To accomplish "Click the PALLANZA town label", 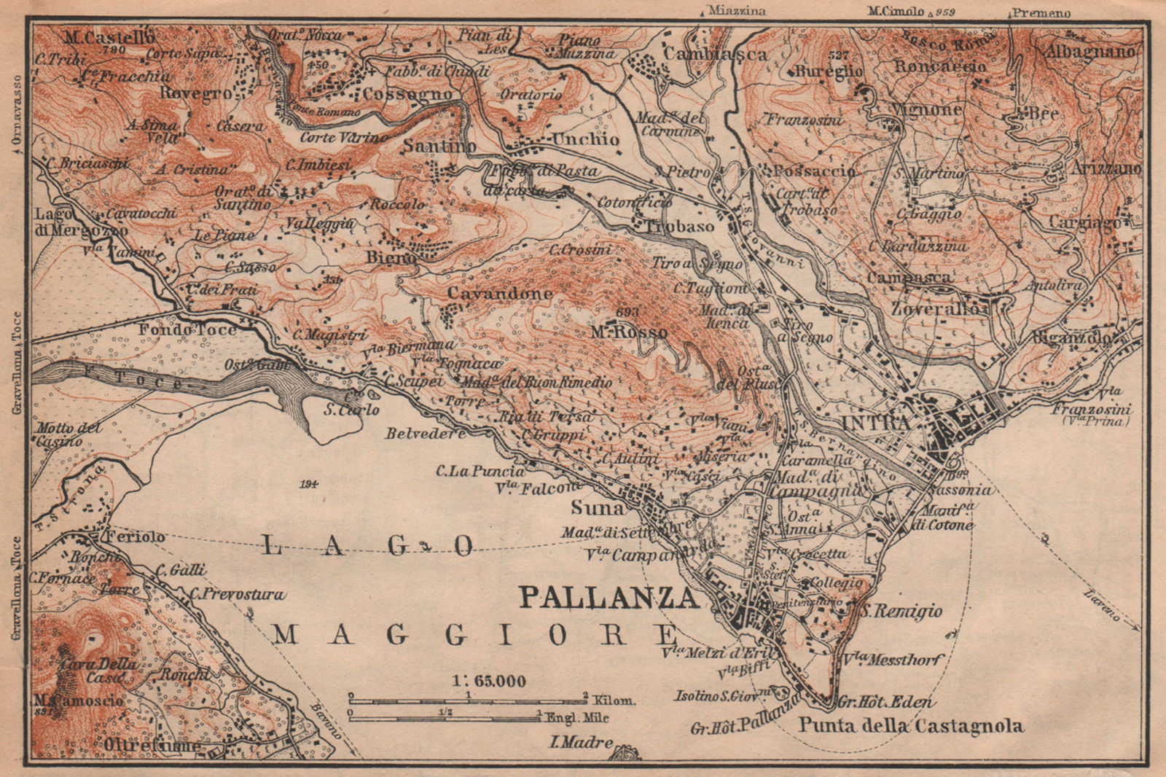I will click(x=608, y=598).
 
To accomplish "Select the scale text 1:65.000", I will click(x=487, y=682).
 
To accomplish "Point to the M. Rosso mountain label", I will click(x=628, y=332).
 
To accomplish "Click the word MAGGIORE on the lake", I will click(x=471, y=634).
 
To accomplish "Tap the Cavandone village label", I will click(x=499, y=293).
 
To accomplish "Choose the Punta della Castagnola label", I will click(x=911, y=725).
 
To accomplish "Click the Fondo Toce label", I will click(x=188, y=329).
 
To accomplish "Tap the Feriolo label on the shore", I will click(x=135, y=536).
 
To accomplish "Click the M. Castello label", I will click(x=109, y=36).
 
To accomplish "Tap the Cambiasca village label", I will click(x=714, y=54).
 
